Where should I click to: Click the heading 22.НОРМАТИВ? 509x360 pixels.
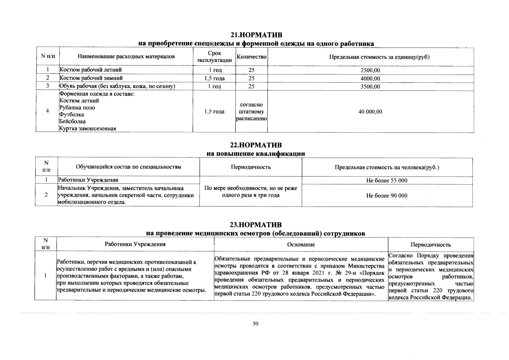click(256, 145)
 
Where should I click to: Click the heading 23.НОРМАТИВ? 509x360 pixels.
click(256, 225)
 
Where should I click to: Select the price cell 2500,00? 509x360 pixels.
click(370, 70)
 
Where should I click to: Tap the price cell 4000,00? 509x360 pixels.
click(370, 79)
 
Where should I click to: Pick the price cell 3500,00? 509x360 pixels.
click(370, 87)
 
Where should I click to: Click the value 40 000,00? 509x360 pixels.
click(370, 112)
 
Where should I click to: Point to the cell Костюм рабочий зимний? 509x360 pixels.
click(91, 78)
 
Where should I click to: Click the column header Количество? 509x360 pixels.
click(251, 57)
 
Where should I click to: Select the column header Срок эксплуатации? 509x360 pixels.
click(214, 57)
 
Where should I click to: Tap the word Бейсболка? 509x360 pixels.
click(72, 121)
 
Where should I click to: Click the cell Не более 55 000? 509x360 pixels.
click(387, 180)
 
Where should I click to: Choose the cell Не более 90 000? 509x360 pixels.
click(387, 196)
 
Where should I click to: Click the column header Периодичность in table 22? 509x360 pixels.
click(251, 167)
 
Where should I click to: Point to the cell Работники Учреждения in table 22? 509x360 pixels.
click(88, 180)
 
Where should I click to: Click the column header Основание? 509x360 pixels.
click(301, 244)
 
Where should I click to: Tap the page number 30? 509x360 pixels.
click(255, 323)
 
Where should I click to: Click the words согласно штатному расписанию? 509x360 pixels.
click(251, 112)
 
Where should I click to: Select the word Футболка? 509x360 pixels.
click(71, 115)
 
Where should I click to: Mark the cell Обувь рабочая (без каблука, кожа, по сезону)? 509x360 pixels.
click(117, 86)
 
